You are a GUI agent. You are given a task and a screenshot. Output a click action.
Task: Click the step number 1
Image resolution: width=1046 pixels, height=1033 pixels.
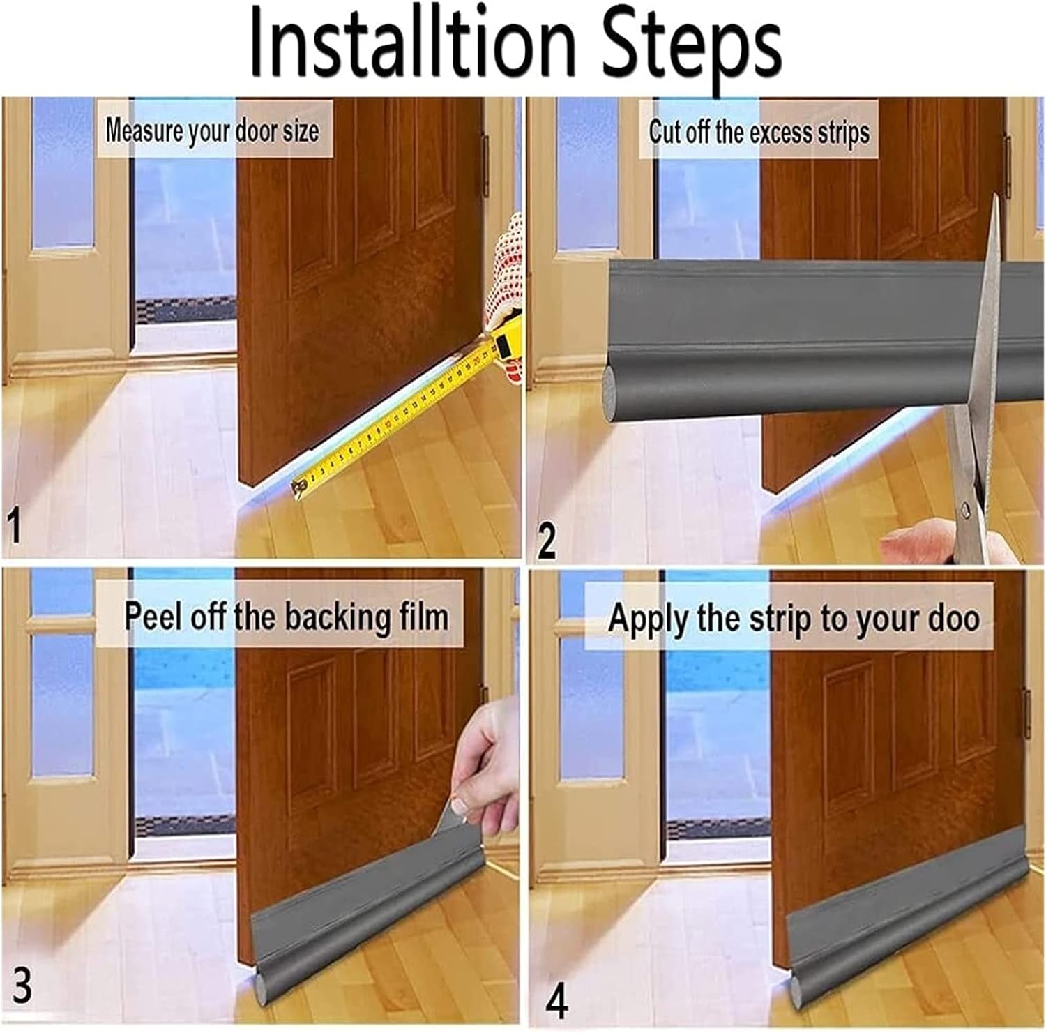[14, 527]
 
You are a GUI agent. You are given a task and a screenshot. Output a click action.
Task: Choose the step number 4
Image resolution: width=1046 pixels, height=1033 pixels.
[556, 1000]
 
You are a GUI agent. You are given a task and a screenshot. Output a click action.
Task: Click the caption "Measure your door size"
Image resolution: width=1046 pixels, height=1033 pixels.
[212, 130]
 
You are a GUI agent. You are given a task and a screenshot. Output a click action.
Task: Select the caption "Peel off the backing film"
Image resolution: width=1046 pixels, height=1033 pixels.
[286, 617]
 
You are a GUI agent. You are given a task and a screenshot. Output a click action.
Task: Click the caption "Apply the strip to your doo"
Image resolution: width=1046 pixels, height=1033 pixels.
[794, 618]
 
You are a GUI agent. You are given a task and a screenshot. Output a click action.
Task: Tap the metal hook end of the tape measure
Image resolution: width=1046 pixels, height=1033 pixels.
[298, 487]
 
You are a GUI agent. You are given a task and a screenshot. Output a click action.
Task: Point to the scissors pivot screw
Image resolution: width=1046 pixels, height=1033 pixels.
[966, 511]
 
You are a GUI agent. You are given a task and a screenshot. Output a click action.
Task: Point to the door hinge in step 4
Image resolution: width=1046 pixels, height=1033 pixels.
[1026, 711]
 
